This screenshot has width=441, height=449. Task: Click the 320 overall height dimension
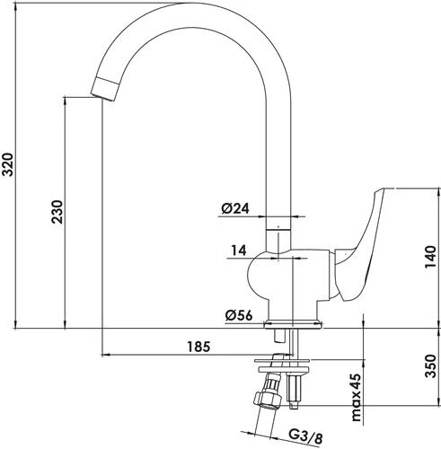point(7,164)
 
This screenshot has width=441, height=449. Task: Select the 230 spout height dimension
point(57,212)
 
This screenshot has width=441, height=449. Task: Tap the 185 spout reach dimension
point(198,347)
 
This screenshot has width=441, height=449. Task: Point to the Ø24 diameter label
point(235,208)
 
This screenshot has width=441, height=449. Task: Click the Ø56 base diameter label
point(239,315)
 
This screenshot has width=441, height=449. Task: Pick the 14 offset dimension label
point(239,251)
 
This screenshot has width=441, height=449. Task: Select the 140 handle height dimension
point(430,257)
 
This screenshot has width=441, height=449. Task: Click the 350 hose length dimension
point(430,365)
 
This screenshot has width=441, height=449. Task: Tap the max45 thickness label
point(357,397)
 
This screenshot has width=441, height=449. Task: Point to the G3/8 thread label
point(306,438)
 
